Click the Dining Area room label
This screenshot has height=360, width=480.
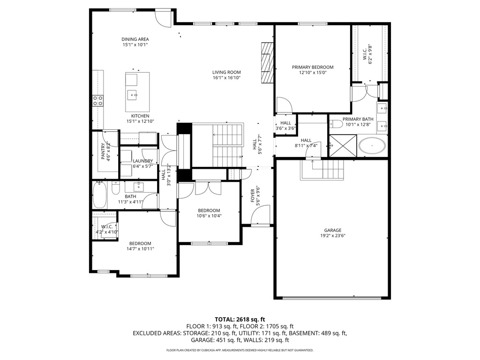(x=135, y=39)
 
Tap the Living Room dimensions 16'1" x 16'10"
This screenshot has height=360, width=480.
(x=226, y=78)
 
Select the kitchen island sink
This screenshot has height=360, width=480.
(x=135, y=95)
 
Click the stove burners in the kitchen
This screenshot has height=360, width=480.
(x=98, y=100)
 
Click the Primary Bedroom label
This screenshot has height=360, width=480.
(x=313, y=67)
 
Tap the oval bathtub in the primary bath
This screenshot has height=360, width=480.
(x=373, y=146)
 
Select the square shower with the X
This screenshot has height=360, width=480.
(x=342, y=145)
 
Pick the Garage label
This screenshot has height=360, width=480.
(x=333, y=230)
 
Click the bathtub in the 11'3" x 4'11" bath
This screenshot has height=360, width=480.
(x=100, y=196)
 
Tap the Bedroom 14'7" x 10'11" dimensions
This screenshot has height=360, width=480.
(x=140, y=249)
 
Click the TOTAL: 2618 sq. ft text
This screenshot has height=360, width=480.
(x=240, y=319)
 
